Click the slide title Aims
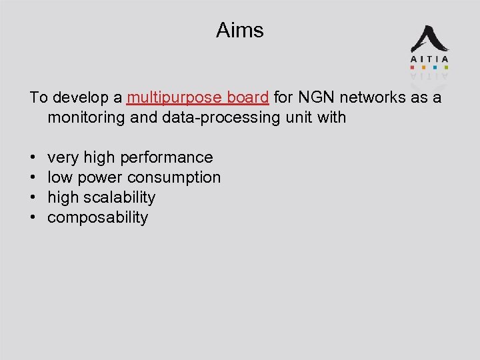click(240, 30)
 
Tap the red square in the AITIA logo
click(412, 67)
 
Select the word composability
click(98, 218)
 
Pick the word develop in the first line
click(87, 98)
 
